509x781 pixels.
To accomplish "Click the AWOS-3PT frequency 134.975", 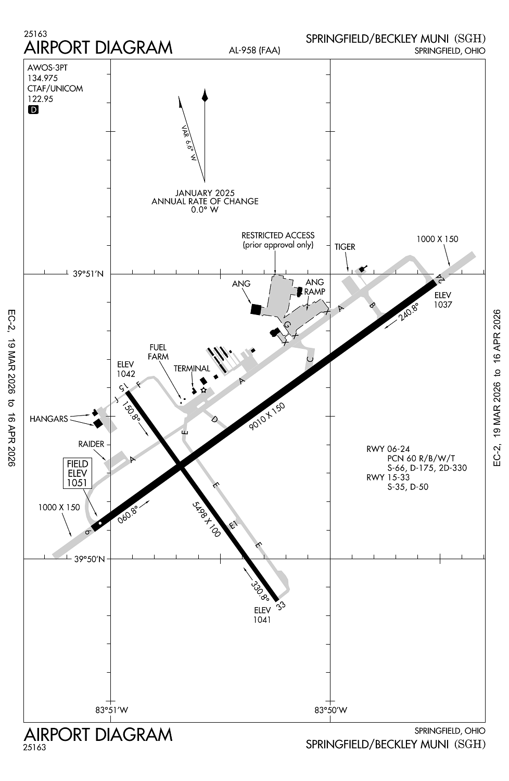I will [43, 78].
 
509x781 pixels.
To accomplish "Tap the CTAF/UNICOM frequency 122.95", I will [40, 99].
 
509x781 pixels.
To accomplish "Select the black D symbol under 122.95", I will [33, 110].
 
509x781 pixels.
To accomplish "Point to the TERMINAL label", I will [192, 369].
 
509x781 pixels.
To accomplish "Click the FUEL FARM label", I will [158, 352].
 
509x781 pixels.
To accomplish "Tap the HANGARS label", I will [49, 419].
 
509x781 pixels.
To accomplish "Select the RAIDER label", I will [91, 444].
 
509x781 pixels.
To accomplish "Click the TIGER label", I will [345, 247].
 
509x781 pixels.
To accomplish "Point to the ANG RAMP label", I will [314, 287].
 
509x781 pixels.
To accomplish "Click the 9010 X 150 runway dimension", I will [268, 416].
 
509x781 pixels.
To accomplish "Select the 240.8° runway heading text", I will [409, 313].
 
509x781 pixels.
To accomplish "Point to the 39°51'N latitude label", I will [88, 274].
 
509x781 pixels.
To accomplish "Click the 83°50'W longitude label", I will [331, 710].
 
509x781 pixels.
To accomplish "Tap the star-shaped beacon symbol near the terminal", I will [203, 390].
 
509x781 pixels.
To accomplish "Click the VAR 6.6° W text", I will [188, 143].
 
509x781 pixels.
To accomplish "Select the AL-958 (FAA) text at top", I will [254, 51].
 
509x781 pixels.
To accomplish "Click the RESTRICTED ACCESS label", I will [278, 235].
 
